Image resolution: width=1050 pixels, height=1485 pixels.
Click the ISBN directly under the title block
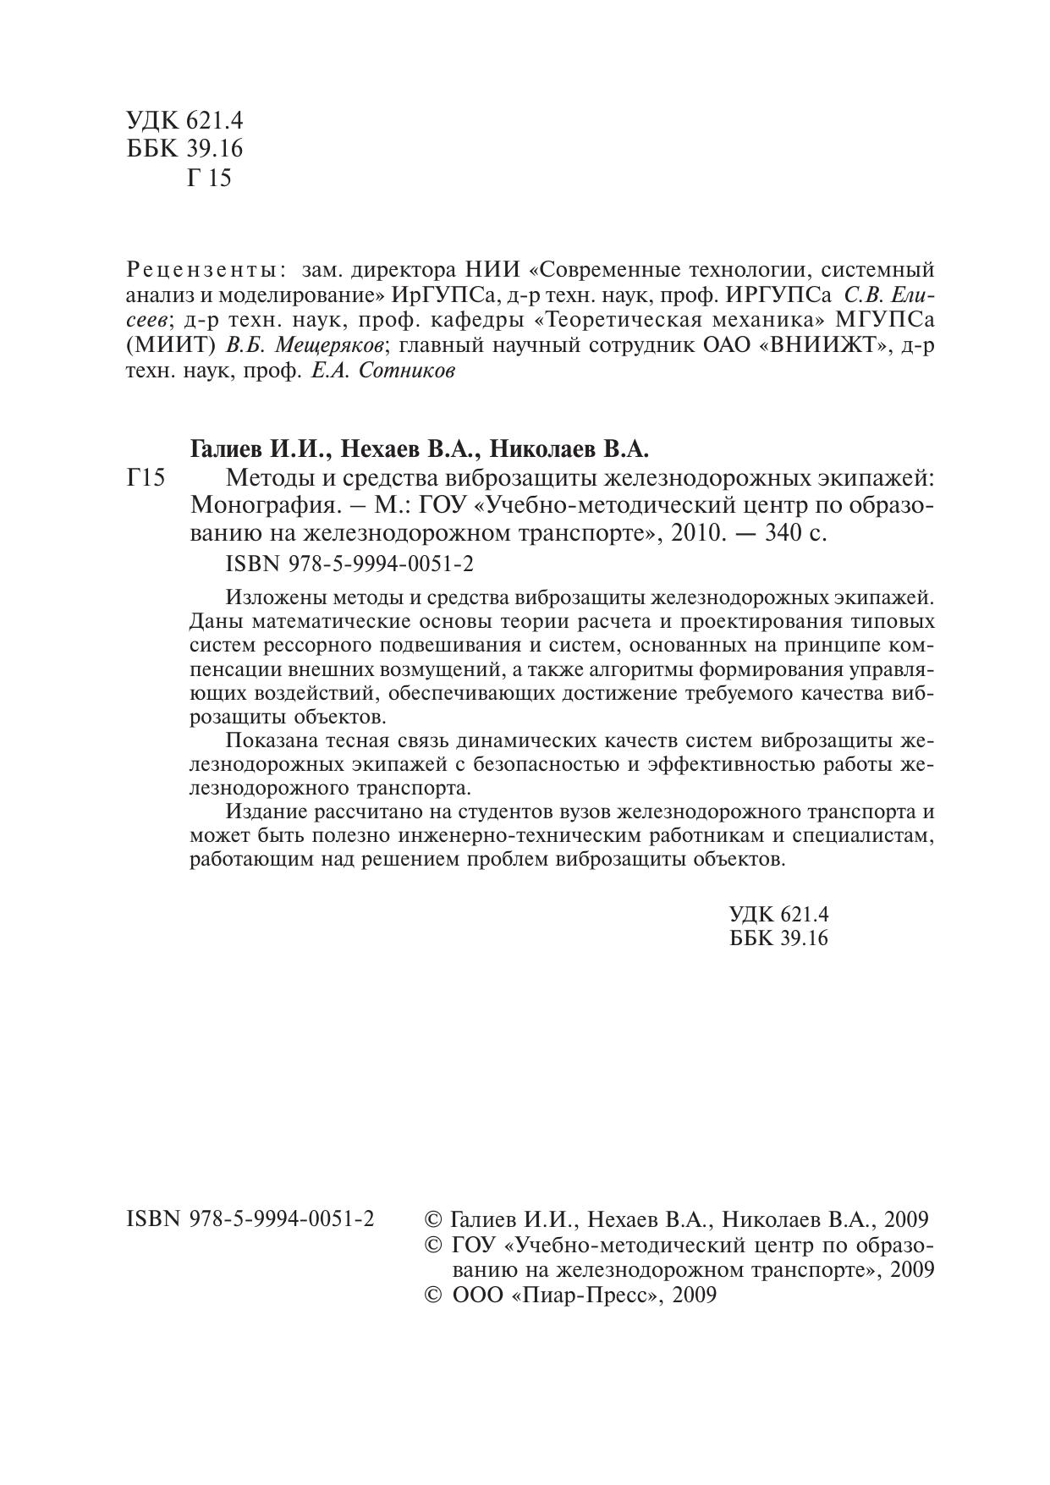(x=350, y=564)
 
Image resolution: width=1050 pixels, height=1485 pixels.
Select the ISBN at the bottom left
(x=250, y=1219)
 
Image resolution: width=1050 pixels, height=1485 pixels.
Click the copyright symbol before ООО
(x=432, y=1295)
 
